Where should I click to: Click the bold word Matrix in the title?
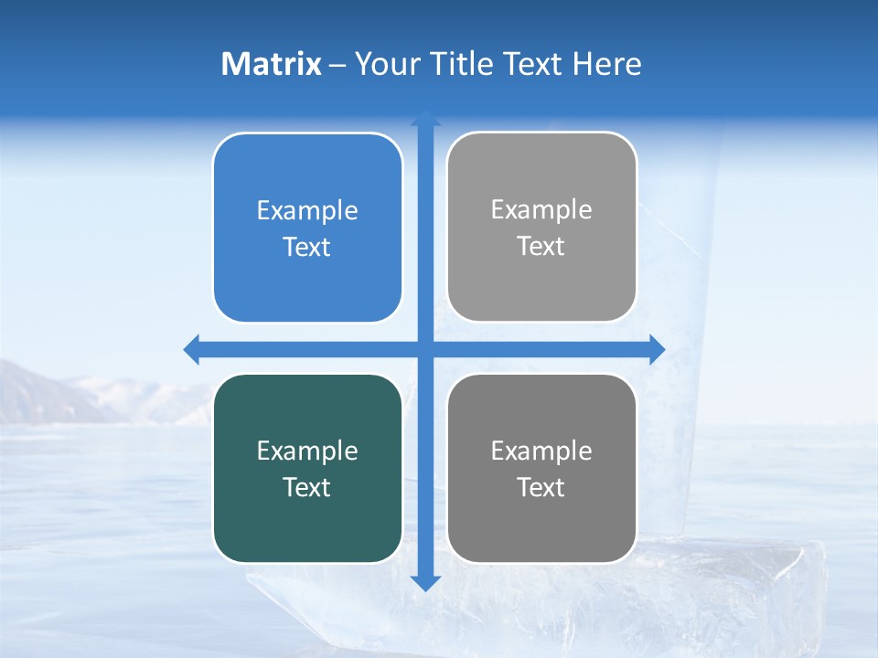click(271, 64)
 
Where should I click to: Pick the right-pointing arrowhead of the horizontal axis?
click(656, 349)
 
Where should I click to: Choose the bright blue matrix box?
click(307, 274)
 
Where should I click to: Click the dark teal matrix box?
click(307, 521)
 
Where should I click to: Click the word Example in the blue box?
click(307, 211)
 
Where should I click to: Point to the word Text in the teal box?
click(307, 487)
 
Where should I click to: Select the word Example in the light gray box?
click(541, 210)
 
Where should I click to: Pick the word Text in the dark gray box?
click(541, 487)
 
